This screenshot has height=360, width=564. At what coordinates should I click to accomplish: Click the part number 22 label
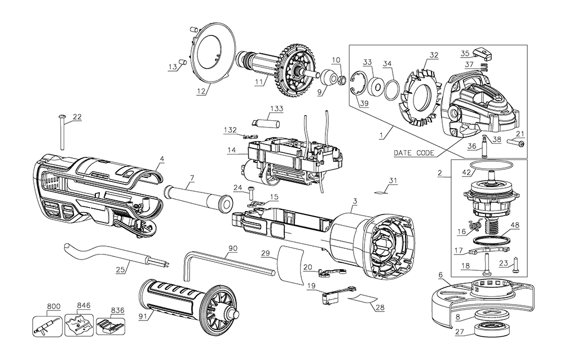point(77,117)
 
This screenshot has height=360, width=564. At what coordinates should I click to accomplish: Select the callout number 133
point(276,108)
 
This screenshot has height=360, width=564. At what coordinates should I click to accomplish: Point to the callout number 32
point(434,55)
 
